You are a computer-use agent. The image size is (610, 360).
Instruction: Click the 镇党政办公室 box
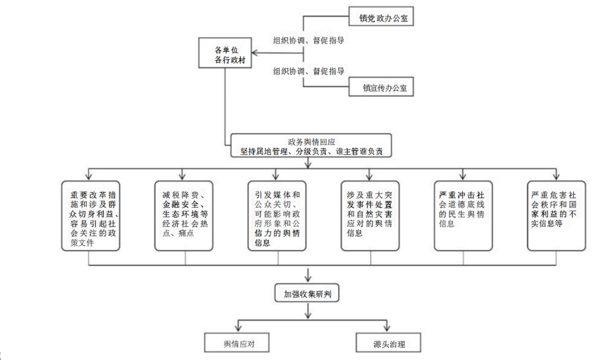tap(381, 18)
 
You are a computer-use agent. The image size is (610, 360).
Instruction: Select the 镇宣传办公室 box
tap(381, 88)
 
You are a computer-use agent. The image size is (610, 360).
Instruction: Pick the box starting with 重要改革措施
tap(91, 216)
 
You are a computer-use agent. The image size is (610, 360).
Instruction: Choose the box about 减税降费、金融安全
tap(183, 216)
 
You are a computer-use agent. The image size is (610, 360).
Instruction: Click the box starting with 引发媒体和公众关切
tap(277, 216)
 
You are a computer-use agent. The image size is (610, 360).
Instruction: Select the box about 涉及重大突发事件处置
tap(370, 216)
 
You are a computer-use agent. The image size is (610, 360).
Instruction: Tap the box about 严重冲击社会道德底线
tap(463, 216)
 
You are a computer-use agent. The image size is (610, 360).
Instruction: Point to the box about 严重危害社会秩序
tap(556, 216)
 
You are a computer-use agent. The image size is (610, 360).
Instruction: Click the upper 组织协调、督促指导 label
tap(309, 40)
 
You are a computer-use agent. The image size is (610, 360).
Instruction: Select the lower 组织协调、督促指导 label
tap(309, 71)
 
